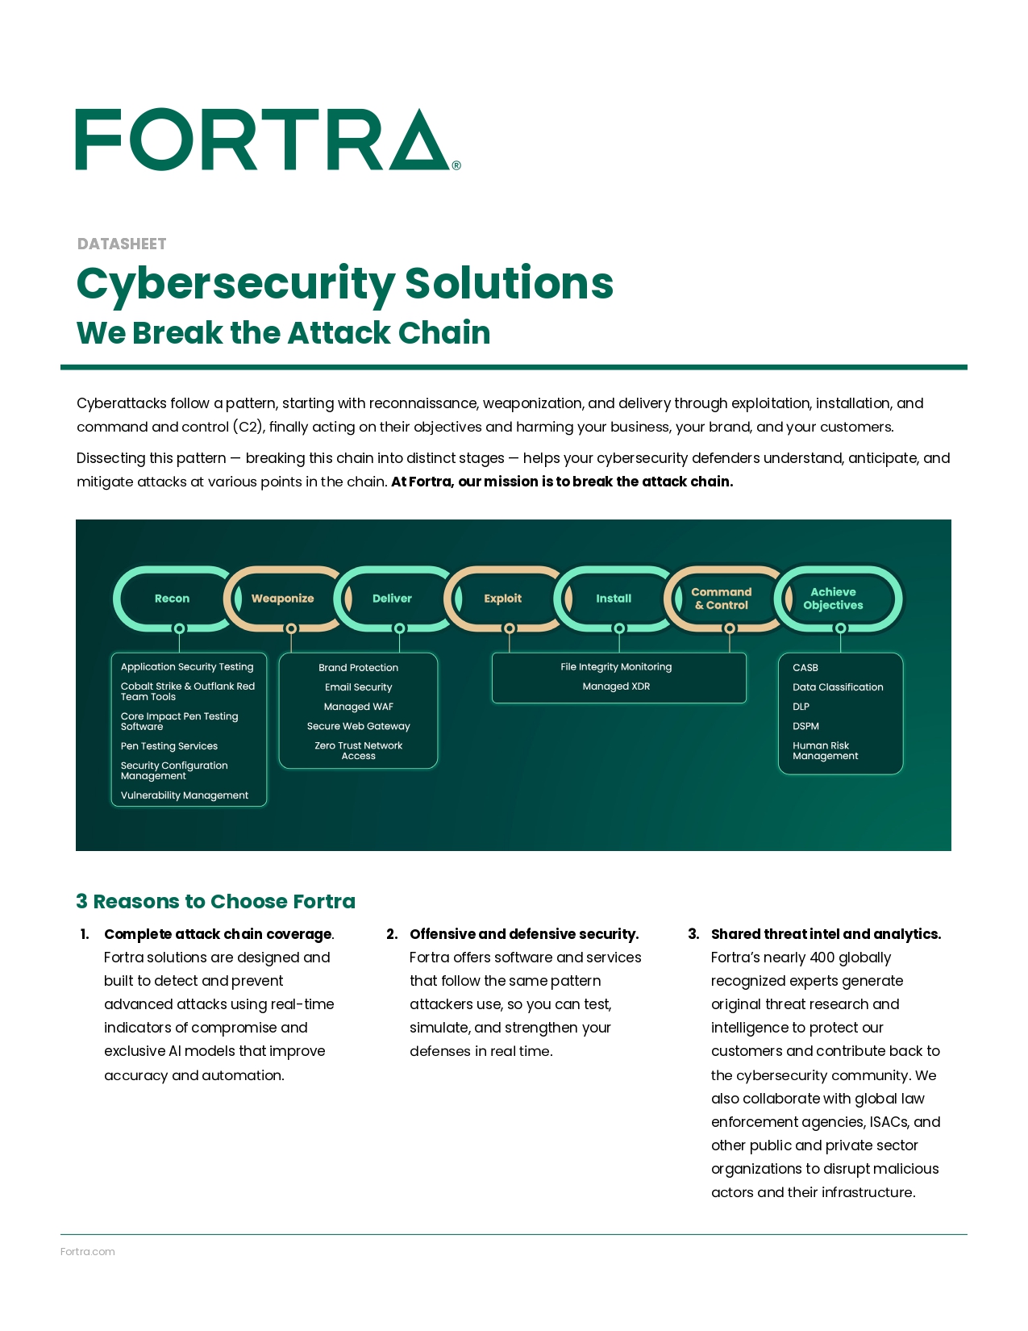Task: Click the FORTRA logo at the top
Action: tap(263, 140)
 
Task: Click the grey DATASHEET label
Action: tap(122, 244)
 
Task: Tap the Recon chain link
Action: tap(172, 599)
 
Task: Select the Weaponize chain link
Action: tap(282, 599)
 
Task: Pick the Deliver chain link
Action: tap(392, 599)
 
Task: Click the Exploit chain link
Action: tap(502, 599)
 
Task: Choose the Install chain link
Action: tap(614, 599)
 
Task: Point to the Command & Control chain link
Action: tap(722, 599)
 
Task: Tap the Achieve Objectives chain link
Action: tap(833, 599)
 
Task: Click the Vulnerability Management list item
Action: tap(185, 795)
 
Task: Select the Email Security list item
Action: tap(358, 687)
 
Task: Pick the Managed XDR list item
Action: tap(616, 686)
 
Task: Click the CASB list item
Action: tap(805, 668)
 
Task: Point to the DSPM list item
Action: tap(805, 726)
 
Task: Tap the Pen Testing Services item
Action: tap(169, 746)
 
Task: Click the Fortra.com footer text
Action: tap(87, 1252)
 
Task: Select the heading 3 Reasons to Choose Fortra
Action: tap(215, 901)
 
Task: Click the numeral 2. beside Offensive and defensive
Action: tap(392, 934)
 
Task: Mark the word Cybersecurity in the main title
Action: tap(235, 284)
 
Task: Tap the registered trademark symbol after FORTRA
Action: tap(456, 165)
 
